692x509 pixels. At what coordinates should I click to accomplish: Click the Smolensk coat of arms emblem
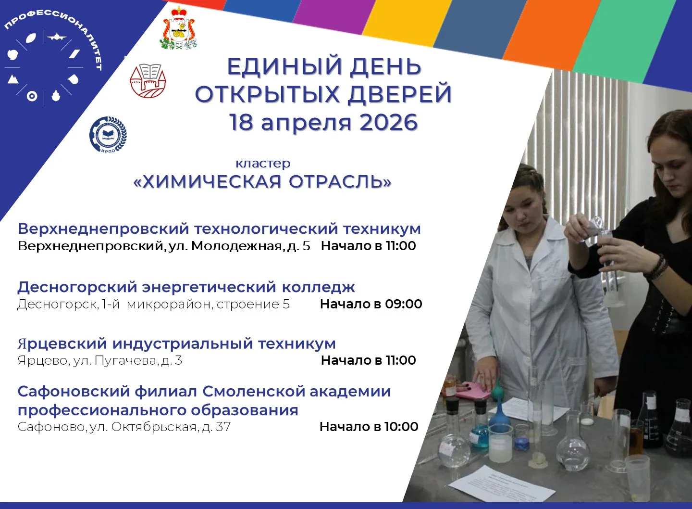click(x=179, y=29)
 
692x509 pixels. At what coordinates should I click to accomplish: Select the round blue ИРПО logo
click(x=108, y=135)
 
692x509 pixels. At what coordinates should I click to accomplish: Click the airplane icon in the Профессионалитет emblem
click(x=57, y=37)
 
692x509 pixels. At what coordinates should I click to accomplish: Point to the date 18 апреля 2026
click(x=323, y=123)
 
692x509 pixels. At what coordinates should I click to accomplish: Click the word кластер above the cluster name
click(x=263, y=163)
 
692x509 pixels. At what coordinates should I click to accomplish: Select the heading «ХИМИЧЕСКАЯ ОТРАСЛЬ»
click(x=262, y=182)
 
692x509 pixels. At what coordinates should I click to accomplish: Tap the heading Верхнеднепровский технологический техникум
click(x=219, y=229)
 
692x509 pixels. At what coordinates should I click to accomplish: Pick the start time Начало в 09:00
click(x=371, y=304)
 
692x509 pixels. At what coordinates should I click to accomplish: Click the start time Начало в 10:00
click(x=369, y=427)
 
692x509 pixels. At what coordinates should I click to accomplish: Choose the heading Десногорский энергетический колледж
click(x=186, y=287)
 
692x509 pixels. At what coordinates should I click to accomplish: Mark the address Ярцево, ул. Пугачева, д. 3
click(x=100, y=360)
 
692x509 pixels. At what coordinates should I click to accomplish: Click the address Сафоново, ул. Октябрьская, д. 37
click(x=124, y=427)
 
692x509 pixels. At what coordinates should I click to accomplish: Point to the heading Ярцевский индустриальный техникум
click(x=177, y=344)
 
